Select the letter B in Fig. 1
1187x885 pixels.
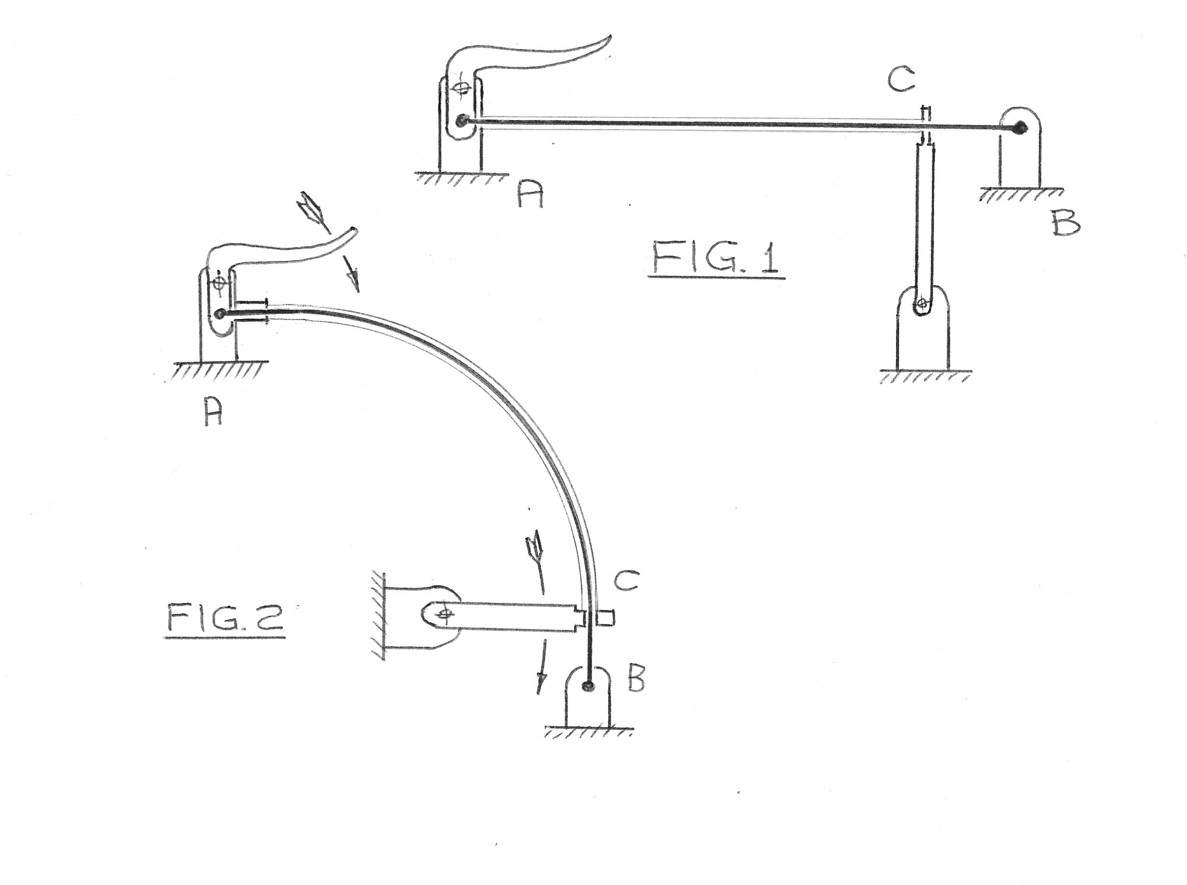click(x=1065, y=223)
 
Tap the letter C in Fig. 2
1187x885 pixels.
click(x=625, y=580)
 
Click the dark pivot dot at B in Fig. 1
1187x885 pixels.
click(x=1020, y=127)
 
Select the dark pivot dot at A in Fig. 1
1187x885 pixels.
click(x=461, y=122)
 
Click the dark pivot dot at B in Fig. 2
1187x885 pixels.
click(x=589, y=685)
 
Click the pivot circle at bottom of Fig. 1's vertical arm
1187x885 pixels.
click(x=921, y=304)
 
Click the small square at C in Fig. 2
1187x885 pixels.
click(x=606, y=618)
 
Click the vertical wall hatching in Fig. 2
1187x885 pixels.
click(x=379, y=617)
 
